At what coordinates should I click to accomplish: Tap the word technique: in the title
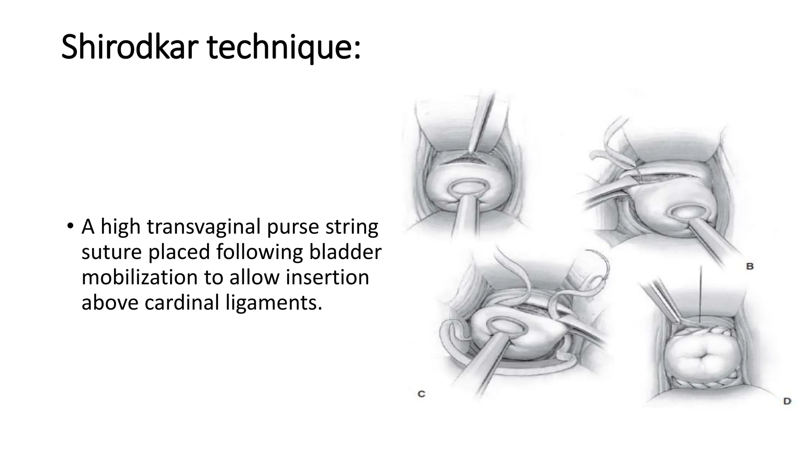click(283, 47)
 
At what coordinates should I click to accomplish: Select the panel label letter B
click(750, 266)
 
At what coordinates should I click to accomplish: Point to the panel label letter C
click(421, 394)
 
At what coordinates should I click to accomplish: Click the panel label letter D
click(787, 401)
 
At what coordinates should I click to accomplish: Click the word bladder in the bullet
click(345, 252)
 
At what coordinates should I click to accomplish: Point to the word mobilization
click(139, 277)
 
